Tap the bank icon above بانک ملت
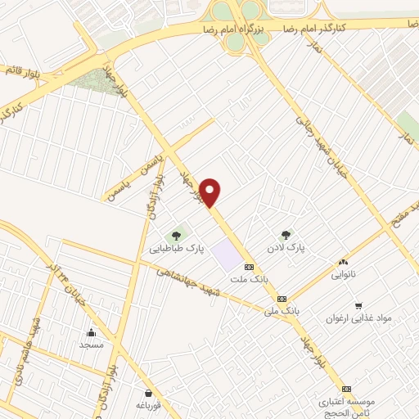pos(250,267)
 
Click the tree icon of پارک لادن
pos(286,235)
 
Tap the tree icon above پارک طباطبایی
pos(177,236)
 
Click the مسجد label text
pos(91,345)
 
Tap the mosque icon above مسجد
pos(91,332)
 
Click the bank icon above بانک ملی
pos(282,299)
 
